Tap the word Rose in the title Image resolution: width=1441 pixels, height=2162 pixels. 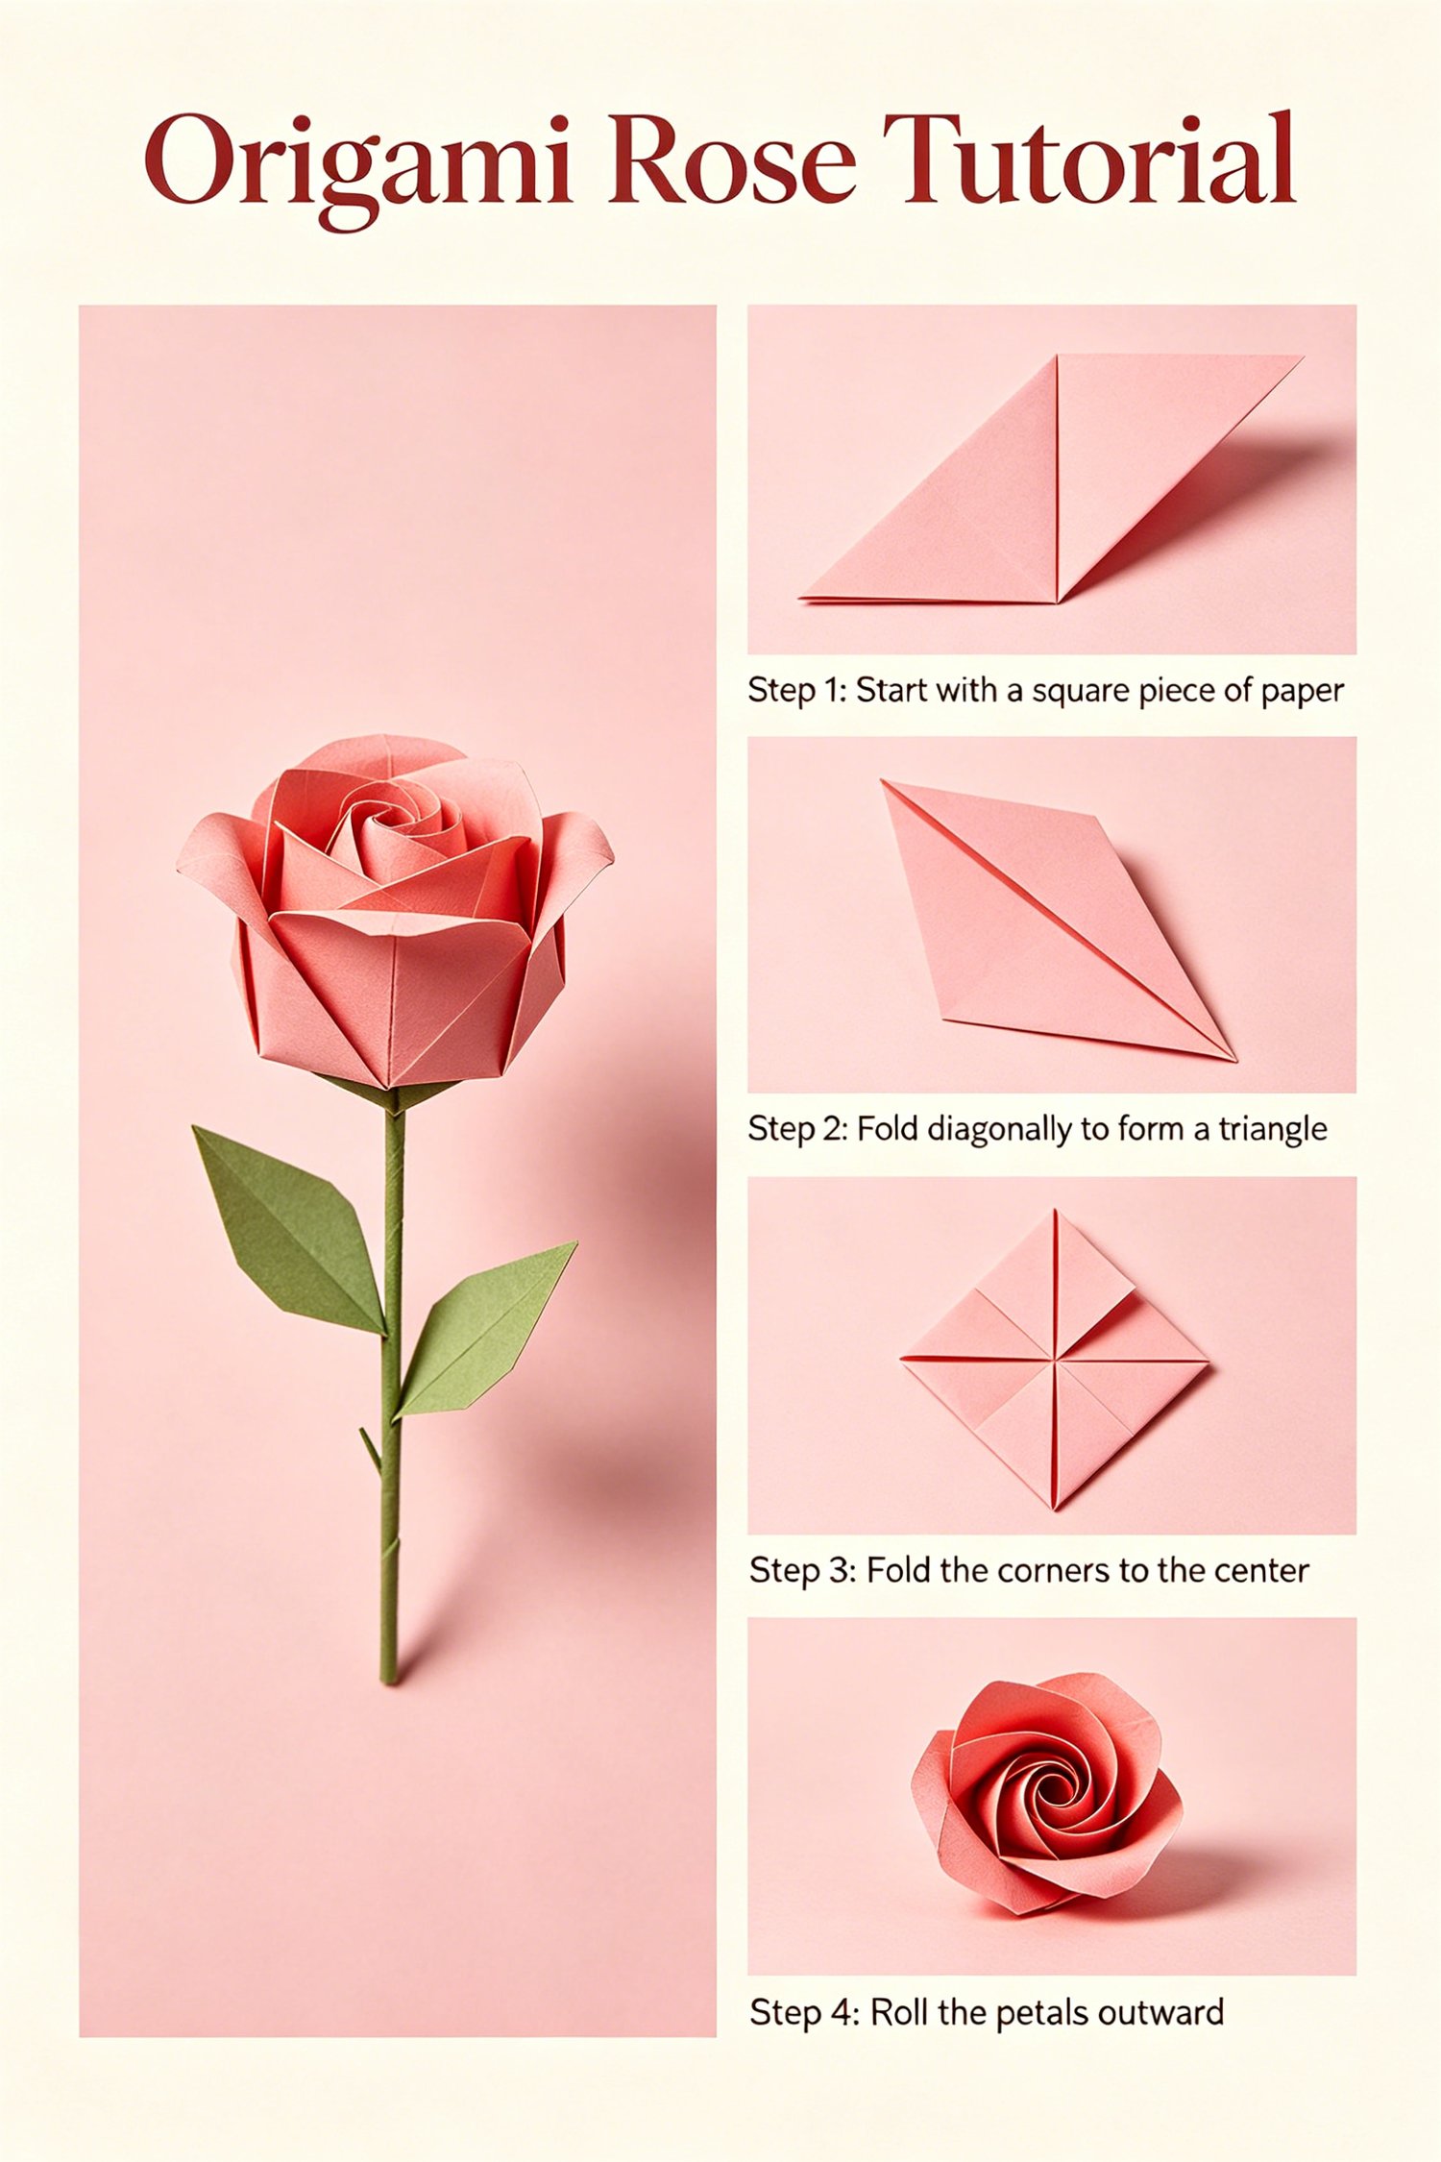732,160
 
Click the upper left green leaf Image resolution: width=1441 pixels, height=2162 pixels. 289,1231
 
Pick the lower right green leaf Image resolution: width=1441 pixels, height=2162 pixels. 485,1331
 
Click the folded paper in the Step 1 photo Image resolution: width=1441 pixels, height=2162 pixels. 1051,479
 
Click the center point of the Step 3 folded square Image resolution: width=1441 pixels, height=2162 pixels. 1055,1360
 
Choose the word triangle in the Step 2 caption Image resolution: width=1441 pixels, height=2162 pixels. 1273,1130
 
